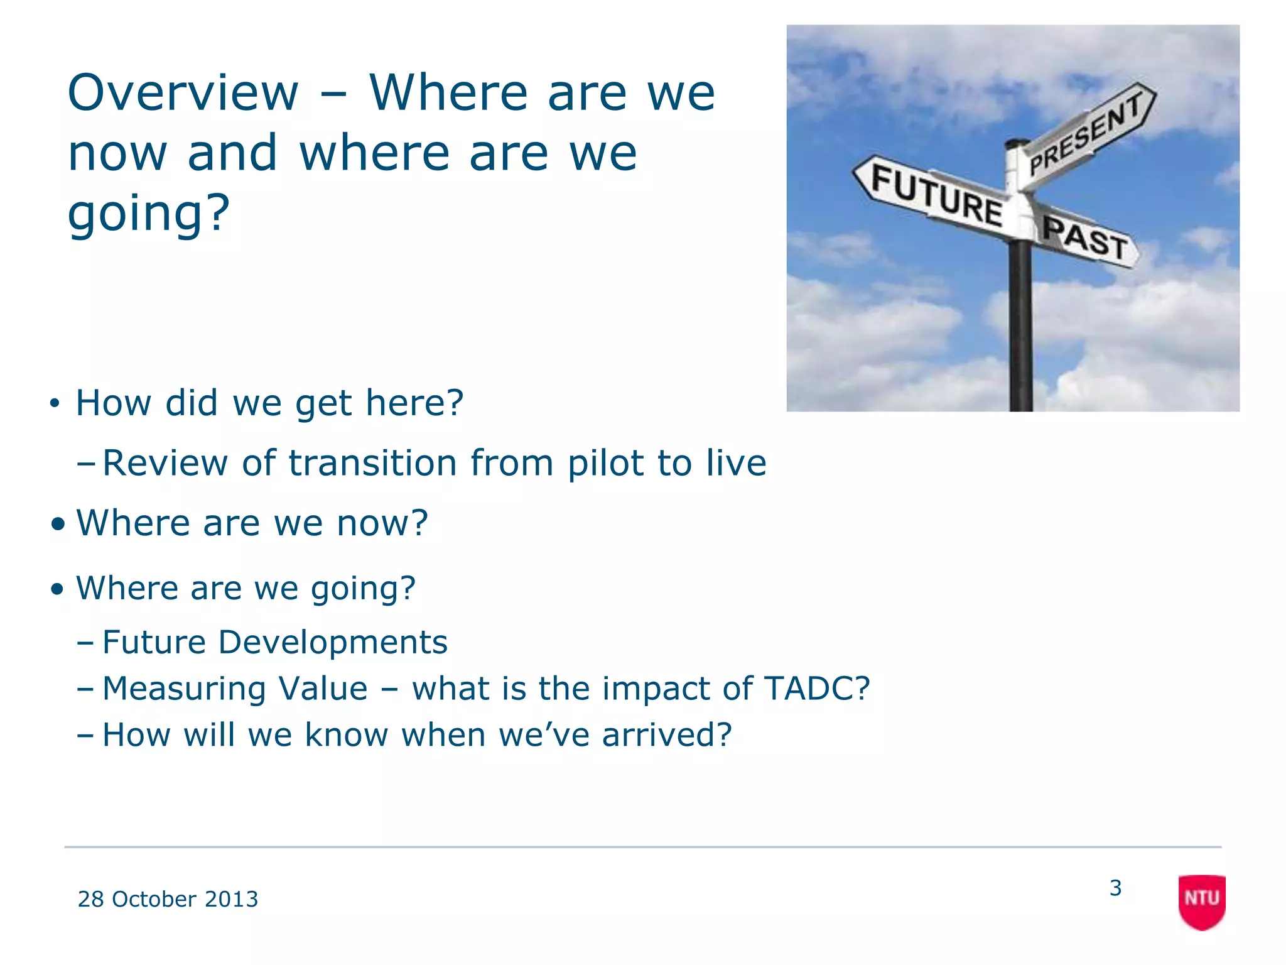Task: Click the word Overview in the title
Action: pos(183,93)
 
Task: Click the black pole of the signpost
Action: pos(1020,327)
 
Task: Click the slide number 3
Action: pos(1115,888)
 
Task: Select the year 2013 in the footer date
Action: pos(231,899)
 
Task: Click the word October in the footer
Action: pos(154,899)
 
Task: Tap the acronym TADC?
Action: pos(817,689)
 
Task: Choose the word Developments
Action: pos(333,643)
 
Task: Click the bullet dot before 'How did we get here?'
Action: pos(55,403)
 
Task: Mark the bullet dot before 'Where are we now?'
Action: pos(58,524)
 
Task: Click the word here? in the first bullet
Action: pos(414,403)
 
